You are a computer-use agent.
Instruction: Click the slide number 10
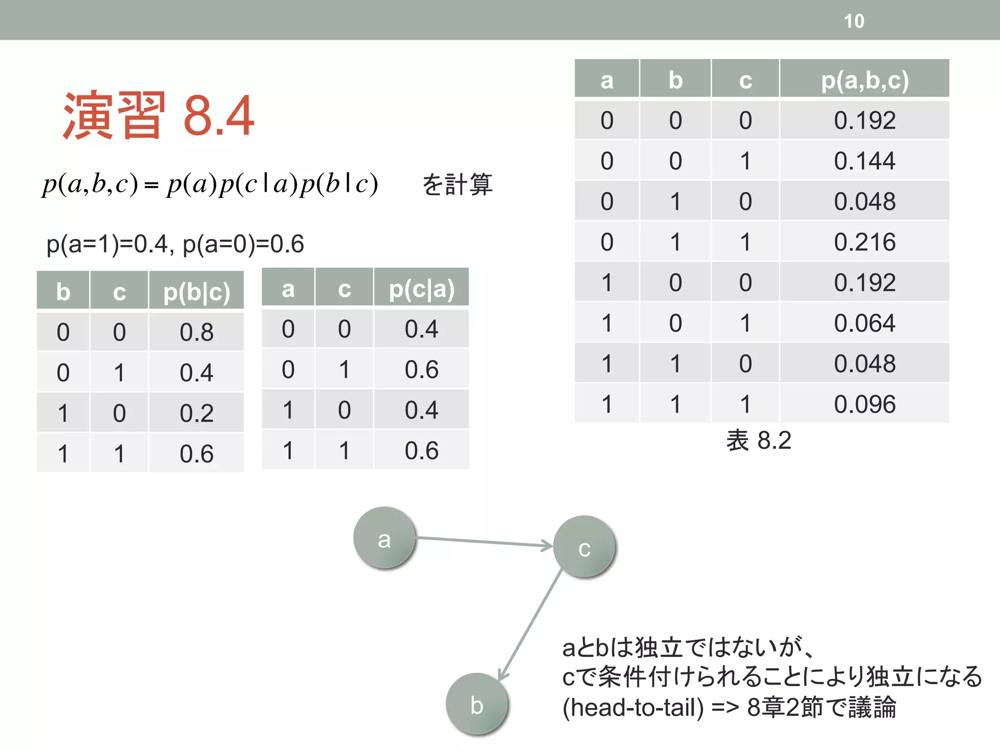point(854,21)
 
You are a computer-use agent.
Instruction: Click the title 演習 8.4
point(159,116)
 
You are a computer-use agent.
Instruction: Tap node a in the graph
point(384,538)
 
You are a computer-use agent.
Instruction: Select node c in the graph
point(584,547)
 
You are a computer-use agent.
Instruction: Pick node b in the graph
point(477,704)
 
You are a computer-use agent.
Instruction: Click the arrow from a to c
point(483,542)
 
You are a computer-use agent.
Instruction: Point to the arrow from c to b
point(530,625)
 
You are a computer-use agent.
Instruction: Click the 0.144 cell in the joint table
point(864,161)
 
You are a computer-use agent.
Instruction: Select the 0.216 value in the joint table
point(864,242)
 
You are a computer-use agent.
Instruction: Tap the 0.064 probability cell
point(864,323)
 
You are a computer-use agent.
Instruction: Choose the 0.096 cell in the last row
point(864,404)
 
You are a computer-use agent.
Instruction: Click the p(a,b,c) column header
point(864,80)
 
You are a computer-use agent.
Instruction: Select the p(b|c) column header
point(196,292)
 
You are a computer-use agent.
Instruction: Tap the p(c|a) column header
point(421,289)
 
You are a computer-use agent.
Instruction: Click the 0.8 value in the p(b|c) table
point(196,332)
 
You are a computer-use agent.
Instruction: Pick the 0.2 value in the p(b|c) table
point(196,413)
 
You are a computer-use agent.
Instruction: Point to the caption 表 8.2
point(758,440)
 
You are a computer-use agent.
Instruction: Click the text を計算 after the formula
point(457,185)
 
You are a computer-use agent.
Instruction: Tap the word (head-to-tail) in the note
point(633,707)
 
